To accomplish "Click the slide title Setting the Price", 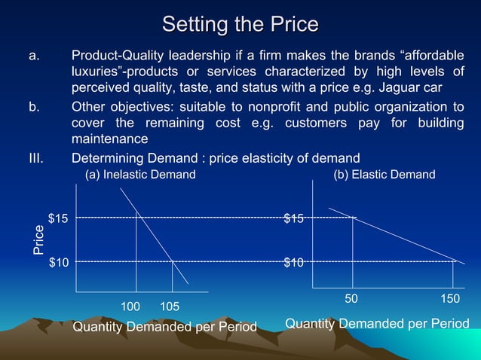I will click(240, 24).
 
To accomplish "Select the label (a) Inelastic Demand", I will click(140, 175).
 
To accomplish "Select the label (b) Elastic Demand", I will click(384, 175).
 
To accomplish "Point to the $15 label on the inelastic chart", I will click(59, 218).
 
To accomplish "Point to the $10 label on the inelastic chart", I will click(59, 262).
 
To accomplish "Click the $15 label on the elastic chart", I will click(294, 218).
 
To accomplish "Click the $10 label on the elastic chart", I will click(294, 262).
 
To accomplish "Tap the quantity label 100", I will click(131, 307).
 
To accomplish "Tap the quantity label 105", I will click(170, 307).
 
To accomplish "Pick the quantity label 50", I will click(351, 299).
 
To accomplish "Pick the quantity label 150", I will click(450, 299).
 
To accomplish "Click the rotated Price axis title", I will click(38, 240).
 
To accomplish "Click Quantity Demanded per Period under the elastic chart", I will click(377, 324).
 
